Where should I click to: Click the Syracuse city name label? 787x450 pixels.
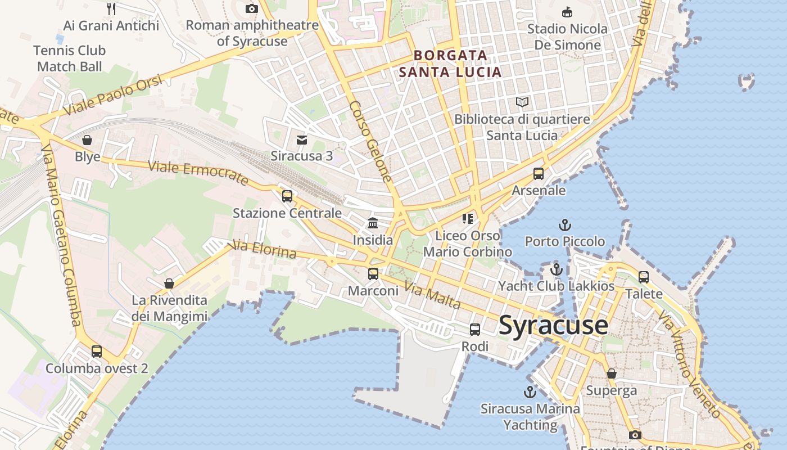[x=553, y=326]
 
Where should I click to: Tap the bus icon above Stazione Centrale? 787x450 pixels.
[x=287, y=196]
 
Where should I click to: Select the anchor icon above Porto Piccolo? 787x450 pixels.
[x=564, y=225]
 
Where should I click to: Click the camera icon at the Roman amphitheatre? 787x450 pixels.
[x=252, y=8]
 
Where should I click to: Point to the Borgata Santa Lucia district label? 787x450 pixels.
[x=450, y=64]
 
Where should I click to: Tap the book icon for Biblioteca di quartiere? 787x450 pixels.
[x=522, y=102]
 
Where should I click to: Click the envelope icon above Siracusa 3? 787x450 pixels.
[x=302, y=139]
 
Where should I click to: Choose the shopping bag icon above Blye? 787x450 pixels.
[x=87, y=139]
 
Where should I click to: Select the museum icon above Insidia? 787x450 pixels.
[x=373, y=223]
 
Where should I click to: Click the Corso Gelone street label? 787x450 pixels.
[x=370, y=141]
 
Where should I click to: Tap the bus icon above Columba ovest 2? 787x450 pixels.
[x=97, y=352]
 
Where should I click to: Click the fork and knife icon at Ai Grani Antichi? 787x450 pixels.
[x=111, y=8]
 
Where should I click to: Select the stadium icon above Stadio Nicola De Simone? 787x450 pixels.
[x=567, y=12]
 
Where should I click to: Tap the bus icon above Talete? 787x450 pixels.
[x=644, y=277]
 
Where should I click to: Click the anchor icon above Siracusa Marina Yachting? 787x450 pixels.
[x=530, y=391]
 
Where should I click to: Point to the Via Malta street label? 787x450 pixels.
[x=432, y=296]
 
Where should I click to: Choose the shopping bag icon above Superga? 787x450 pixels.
[x=612, y=373]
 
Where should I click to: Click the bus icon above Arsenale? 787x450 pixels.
[x=539, y=173]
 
